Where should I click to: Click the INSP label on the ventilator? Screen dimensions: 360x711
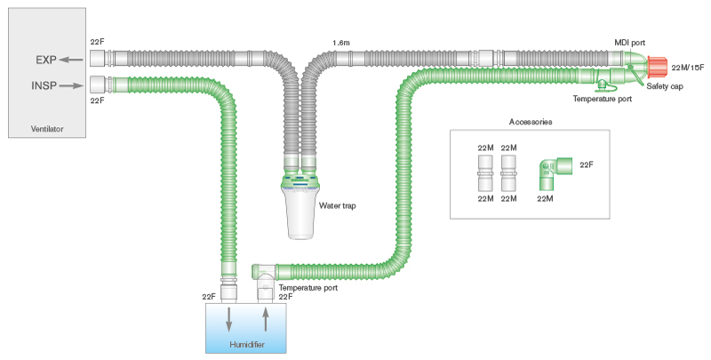(44, 87)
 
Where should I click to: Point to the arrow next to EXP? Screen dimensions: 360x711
(73, 61)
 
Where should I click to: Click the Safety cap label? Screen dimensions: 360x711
(664, 86)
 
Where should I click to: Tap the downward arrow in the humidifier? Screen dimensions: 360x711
(230, 318)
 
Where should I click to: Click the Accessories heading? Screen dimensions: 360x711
(531, 121)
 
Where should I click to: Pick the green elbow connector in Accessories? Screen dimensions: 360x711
(551, 171)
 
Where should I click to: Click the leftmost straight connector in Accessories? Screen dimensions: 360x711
(485, 172)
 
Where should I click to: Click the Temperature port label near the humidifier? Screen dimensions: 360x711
(308, 288)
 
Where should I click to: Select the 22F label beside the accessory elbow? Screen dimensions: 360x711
(587, 164)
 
